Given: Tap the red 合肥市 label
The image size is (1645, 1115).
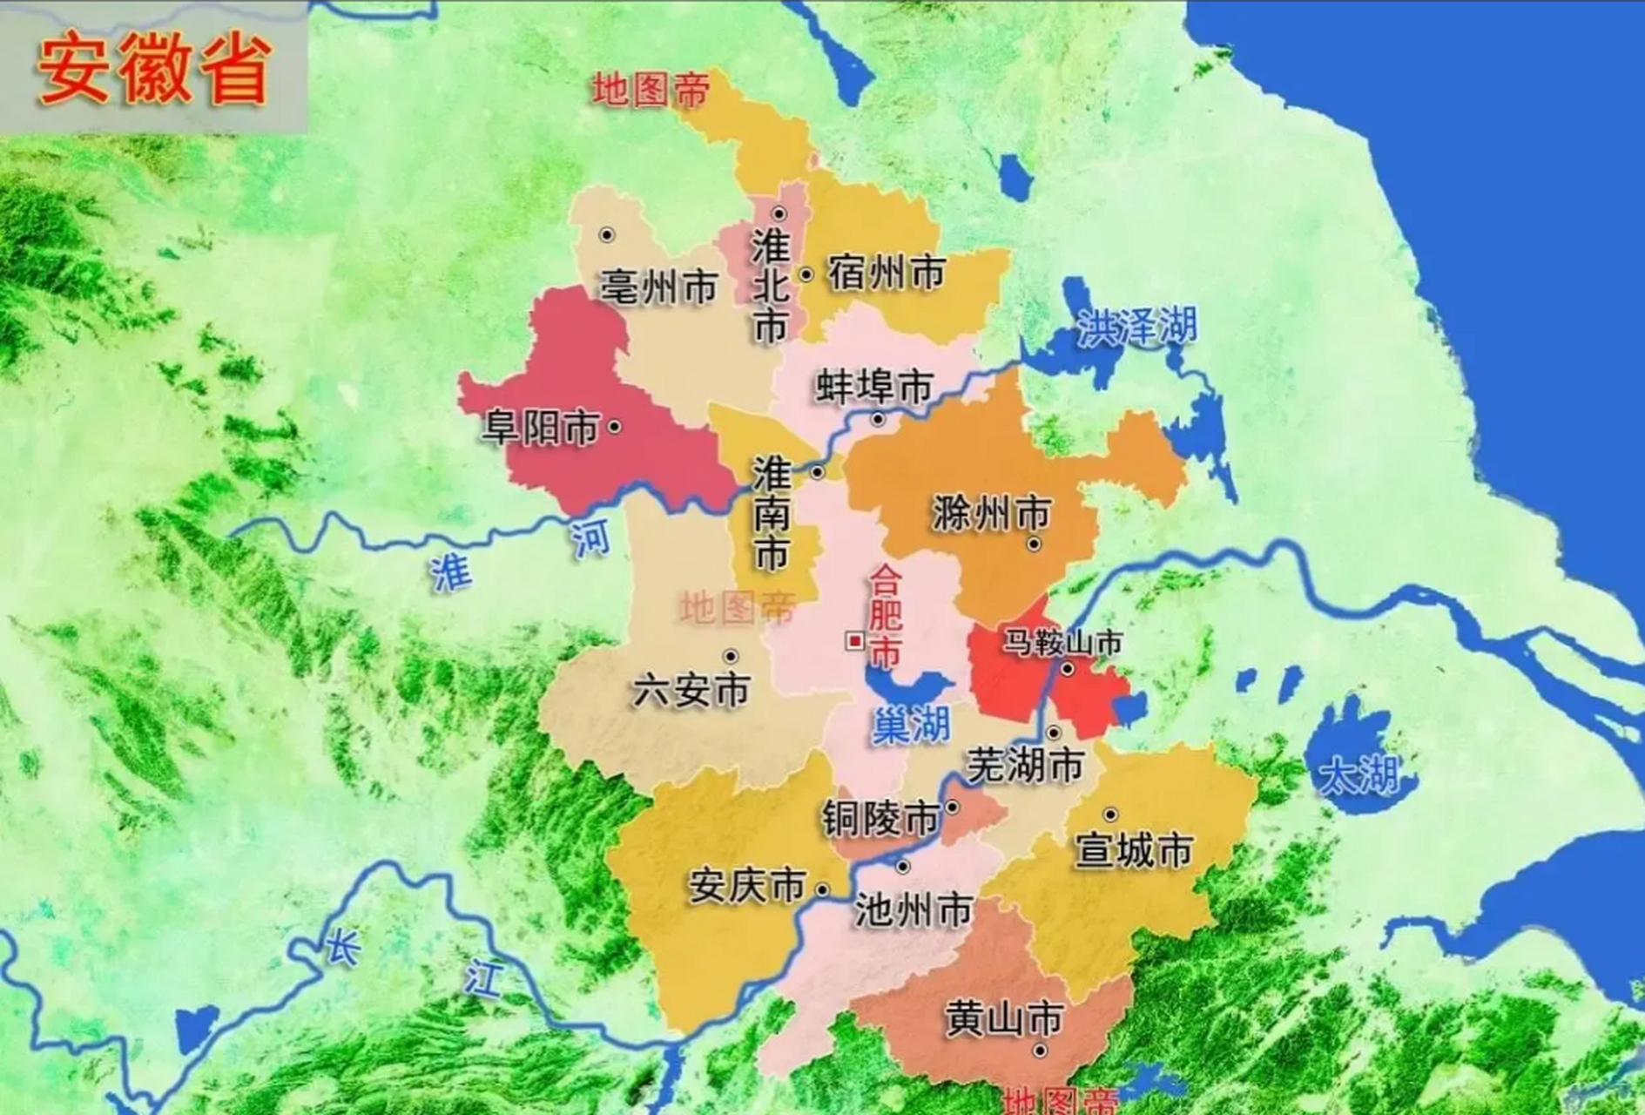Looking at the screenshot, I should pos(886,616).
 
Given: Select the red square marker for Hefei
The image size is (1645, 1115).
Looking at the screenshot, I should pos(855,642).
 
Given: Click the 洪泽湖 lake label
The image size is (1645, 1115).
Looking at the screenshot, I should pos(1136,328).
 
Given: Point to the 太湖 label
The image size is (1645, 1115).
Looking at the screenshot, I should pos(1359,774).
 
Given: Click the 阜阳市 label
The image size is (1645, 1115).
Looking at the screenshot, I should pos(541,428).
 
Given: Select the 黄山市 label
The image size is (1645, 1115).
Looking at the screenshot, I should pos(1004,1018).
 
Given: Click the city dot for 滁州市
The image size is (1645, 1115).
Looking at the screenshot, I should pos(1034,544).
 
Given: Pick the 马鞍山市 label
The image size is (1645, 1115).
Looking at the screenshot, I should pos(1062,643).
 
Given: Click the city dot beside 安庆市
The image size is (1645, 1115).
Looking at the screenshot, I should pos(822,889).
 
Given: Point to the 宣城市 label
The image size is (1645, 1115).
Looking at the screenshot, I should pos(1133,849).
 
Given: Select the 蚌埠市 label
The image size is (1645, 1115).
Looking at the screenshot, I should pos(874,386).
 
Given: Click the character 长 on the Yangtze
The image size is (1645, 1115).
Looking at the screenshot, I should pos(342,946).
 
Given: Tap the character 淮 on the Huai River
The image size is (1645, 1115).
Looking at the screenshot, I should pos(451,573).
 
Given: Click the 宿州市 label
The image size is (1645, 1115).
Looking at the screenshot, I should pos(886,273).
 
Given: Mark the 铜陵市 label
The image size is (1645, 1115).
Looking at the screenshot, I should pos(880,819).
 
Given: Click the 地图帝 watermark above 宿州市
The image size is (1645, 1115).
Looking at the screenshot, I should pos(651,90).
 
